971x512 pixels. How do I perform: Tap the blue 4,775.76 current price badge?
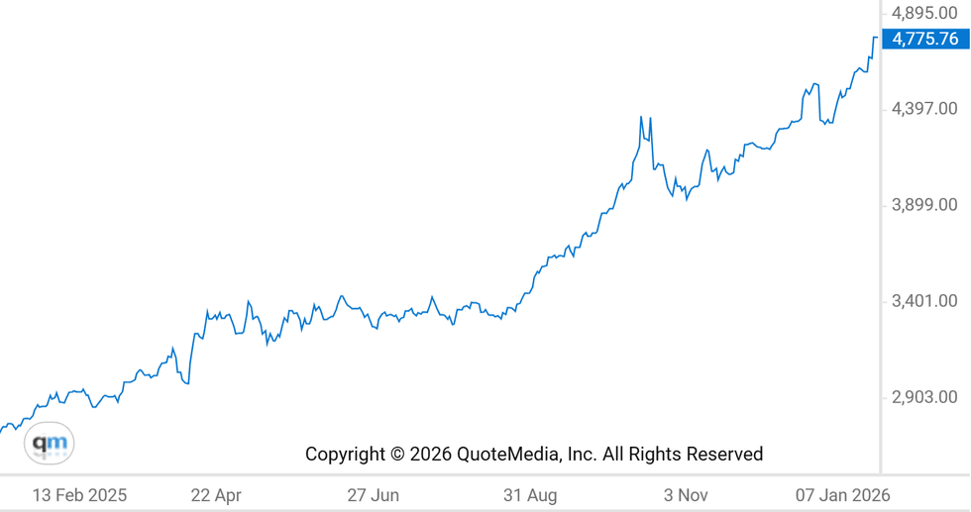[924, 40]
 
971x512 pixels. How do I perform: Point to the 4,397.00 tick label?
[924, 109]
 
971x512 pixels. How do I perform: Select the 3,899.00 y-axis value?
[924, 205]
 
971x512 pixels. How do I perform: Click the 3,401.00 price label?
[924, 301]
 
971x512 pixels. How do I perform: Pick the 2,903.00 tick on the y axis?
[924, 397]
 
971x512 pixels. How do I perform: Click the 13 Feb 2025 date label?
[79, 495]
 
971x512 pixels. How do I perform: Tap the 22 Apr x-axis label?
[216, 495]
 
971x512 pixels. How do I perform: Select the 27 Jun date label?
[374, 495]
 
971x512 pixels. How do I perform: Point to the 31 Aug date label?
[530, 495]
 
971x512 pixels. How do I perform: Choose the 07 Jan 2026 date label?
[843, 495]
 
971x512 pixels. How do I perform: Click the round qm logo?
[50, 444]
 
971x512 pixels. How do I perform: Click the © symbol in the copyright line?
[396, 455]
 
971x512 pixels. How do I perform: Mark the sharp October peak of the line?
[641, 117]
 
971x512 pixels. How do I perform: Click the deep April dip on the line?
[186, 382]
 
